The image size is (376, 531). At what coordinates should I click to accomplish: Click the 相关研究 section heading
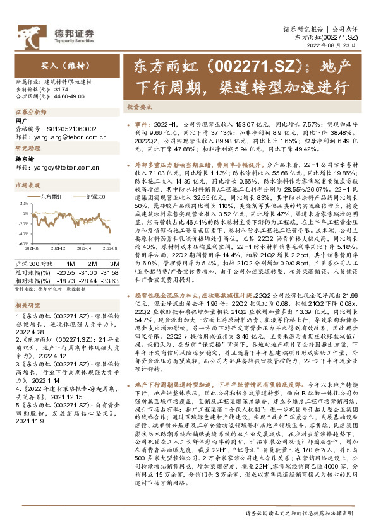point(26,305)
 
